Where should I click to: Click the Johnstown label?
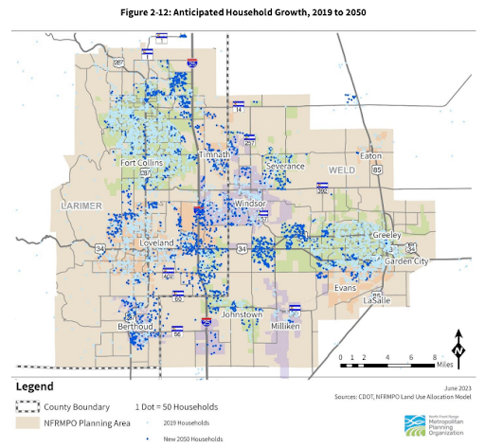tap(242, 314)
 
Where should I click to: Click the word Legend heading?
tap(37, 386)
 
